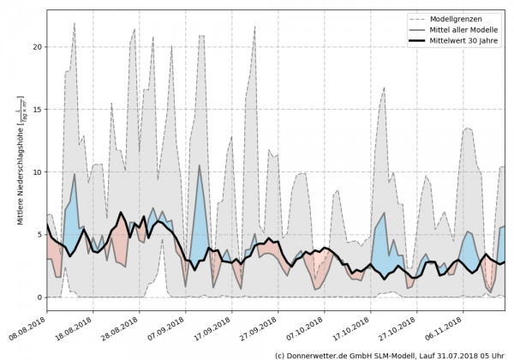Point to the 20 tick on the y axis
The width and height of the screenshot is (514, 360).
coord(38,47)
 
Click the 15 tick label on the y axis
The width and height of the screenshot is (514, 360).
coord(38,110)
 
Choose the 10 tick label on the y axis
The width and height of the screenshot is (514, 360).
coord(38,172)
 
